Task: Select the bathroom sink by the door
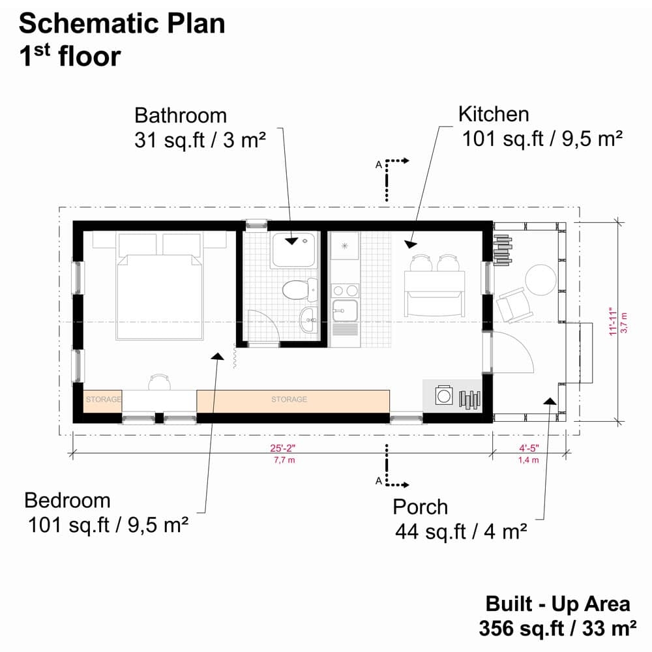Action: pos(310,318)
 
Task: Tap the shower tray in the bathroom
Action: pos(294,249)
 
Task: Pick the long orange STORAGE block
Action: pos(293,400)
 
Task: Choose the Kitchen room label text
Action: pos(494,114)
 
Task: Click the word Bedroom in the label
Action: pos(67,501)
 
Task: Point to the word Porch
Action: pos(420,507)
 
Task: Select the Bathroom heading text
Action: pos(181,115)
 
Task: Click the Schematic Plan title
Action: pos(122,23)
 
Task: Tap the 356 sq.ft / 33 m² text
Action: pos(557,629)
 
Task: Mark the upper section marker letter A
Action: pos(378,165)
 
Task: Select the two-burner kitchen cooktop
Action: pos(344,290)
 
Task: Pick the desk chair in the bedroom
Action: pos(159,381)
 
